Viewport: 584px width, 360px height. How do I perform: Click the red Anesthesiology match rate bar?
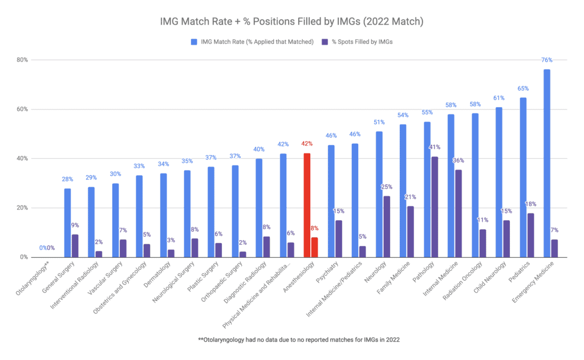pos(307,205)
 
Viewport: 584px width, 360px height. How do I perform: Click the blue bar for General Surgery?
pos(67,223)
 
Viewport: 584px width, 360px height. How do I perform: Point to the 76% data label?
pos(546,60)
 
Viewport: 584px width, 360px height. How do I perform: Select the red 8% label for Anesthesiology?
pos(315,228)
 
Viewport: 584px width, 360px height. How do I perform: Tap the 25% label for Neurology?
pos(387,187)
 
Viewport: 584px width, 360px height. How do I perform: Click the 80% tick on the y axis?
pos(22,60)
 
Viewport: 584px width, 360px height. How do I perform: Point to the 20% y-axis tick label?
pos(22,208)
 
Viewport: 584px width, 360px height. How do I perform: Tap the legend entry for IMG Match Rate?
pos(253,42)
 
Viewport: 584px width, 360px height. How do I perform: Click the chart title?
pos(291,22)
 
